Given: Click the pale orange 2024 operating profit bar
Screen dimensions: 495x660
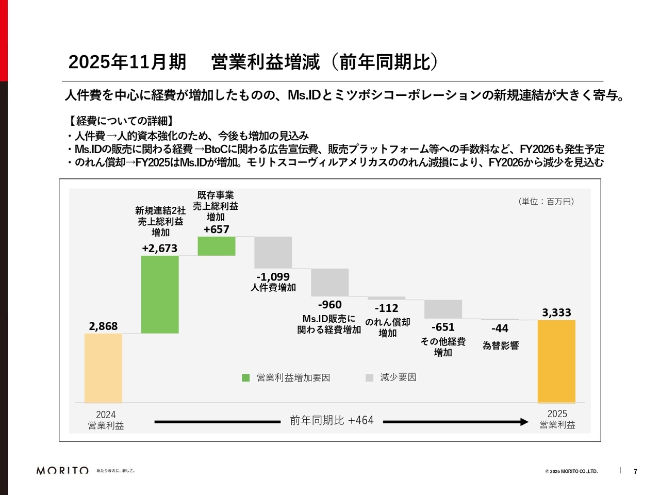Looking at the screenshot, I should point(103,368).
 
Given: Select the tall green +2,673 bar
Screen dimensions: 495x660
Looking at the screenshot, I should point(160,294).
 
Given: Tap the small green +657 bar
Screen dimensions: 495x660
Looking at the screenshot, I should point(217,246).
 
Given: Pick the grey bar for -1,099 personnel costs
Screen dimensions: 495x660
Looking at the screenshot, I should point(273,252).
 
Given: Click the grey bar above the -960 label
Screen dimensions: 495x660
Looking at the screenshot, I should point(330,282).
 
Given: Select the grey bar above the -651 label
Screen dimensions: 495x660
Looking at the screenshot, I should point(443,309).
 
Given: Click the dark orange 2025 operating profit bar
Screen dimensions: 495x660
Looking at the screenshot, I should point(556,361).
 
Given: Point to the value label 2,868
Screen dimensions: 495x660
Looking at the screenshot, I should point(103,326).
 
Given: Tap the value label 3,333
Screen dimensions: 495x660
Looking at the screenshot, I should point(556,312).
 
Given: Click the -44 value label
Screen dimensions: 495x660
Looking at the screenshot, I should point(500,328).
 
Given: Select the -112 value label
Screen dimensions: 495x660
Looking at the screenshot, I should point(386,308).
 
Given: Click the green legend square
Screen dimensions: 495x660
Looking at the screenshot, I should point(246,378).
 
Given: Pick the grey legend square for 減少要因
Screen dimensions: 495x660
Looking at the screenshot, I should point(369,378).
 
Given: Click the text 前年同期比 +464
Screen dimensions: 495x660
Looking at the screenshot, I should point(332,421).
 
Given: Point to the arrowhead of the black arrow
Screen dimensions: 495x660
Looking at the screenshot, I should point(525,422).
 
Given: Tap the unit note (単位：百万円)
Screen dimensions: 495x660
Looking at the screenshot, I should point(546,202).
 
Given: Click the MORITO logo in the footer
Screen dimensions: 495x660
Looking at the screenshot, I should point(62,471).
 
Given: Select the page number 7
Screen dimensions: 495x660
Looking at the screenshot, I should point(635,471).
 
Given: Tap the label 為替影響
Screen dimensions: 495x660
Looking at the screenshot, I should point(500,346).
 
